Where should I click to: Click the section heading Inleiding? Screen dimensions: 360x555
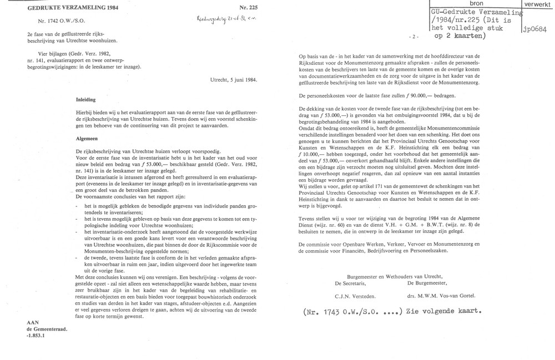point(86,100)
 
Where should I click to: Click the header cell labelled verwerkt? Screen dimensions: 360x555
point(536,4)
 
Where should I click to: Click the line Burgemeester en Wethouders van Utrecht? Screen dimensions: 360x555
point(393,276)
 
